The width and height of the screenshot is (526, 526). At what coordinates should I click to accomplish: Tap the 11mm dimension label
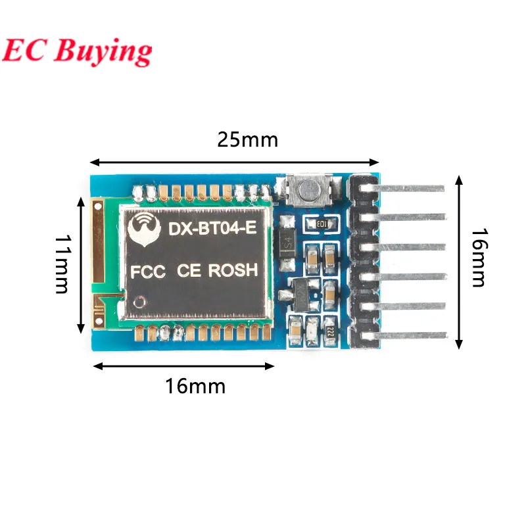click(x=63, y=265)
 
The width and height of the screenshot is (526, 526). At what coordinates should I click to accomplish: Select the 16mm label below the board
click(x=195, y=386)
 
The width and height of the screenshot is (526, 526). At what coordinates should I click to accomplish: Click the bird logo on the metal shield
click(x=144, y=230)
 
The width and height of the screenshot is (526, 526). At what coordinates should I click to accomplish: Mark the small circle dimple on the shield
click(x=139, y=301)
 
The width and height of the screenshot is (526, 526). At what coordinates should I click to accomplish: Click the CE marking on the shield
click(x=190, y=270)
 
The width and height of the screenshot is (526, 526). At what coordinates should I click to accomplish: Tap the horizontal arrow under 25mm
click(x=235, y=162)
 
